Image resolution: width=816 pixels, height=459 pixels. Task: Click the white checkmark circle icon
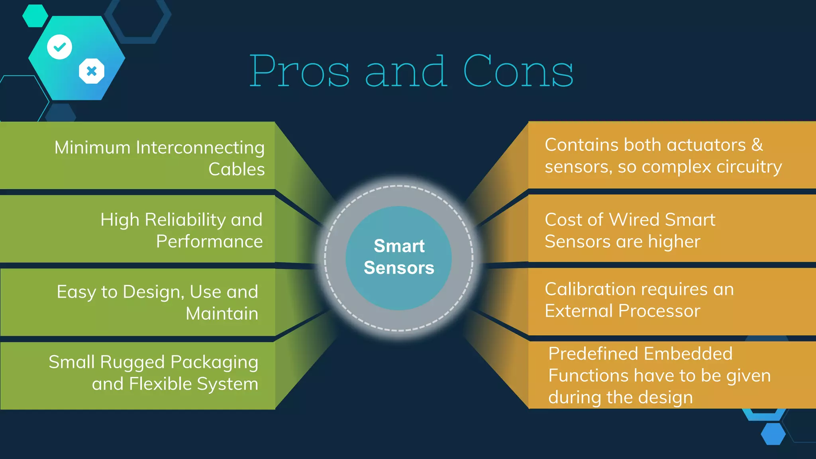[x=60, y=47]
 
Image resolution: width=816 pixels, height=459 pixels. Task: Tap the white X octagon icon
[x=92, y=71]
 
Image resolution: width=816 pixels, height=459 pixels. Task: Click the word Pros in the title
[x=300, y=72]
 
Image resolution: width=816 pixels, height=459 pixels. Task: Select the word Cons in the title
[x=518, y=72]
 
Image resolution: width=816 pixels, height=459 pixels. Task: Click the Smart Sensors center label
[x=399, y=257]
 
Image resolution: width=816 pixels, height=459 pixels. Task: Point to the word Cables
[x=236, y=169]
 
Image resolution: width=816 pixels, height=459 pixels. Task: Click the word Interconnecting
[x=200, y=148]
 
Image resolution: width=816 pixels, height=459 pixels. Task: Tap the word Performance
[x=209, y=241]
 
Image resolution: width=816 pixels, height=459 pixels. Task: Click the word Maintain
[x=222, y=314]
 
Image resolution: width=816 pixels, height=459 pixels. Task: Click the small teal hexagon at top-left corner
[x=35, y=16]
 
